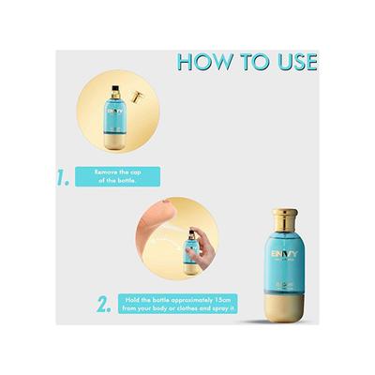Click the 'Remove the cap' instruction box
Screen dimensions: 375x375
coord(118,175)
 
